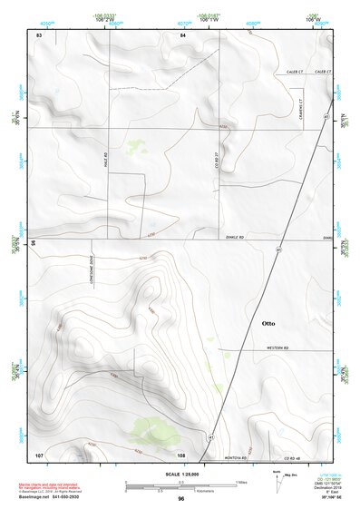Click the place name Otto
pos(268,322)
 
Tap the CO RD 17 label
pos(218,160)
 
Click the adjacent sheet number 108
pos(181,454)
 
